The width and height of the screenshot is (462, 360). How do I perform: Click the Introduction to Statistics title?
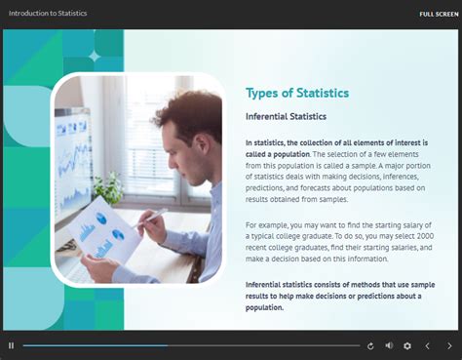click(x=47, y=14)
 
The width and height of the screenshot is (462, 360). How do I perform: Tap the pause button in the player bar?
click(x=11, y=345)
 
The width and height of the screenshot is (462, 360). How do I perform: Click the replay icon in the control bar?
click(x=370, y=345)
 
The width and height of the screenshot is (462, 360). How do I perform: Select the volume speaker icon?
click(x=389, y=345)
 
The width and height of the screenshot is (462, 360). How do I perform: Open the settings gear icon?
click(x=407, y=345)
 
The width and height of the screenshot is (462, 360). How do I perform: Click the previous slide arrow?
click(x=427, y=345)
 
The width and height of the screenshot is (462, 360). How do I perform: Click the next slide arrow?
click(x=449, y=345)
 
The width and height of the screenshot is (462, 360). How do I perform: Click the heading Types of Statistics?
click(x=296, y=93)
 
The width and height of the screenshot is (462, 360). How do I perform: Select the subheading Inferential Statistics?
click(x=286, y=117)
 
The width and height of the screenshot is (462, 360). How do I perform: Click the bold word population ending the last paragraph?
click(x=263, y=307)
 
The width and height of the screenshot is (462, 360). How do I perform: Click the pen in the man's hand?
click(x=156, y=215)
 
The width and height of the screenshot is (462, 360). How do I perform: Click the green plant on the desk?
click(x=109, y=185)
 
